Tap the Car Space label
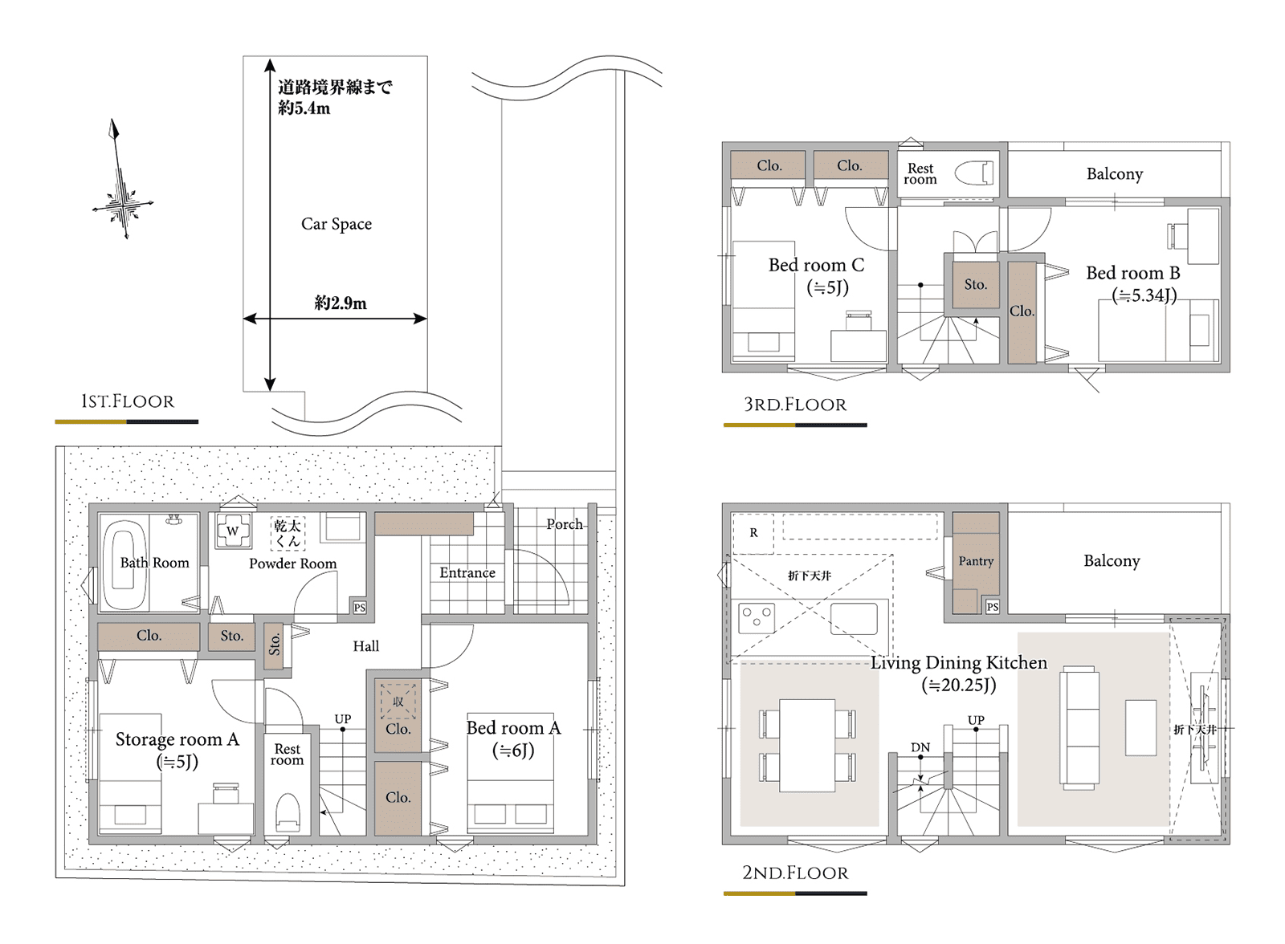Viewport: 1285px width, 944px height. tap(337, 224)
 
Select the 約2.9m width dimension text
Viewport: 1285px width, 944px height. tap(341, 303)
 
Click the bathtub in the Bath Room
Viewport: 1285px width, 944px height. tap(124, 563)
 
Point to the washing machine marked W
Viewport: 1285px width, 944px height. tap(233, 531)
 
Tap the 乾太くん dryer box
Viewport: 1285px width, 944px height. tap(288, 533)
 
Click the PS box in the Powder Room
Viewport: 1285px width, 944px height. tap(360, 608)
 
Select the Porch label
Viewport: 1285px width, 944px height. tap(565, 524)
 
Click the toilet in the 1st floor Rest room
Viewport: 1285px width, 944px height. tap(288, 812)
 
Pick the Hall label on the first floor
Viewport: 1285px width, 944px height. tap(366, 646)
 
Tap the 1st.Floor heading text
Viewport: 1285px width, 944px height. tap(128, 401)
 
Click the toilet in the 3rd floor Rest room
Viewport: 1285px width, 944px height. tap(974, 173)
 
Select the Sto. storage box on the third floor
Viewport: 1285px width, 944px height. tap(976, 285)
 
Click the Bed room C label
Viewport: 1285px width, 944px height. tap(816, 265)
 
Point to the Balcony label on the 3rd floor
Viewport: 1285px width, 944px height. tap(1115, 173)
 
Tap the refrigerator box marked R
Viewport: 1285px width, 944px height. tap(753, 533)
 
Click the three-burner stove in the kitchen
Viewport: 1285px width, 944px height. tap(757, 617)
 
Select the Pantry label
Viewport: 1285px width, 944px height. tap(976, 561)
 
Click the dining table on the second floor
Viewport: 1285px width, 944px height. tap(807, 746)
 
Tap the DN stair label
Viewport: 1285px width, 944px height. tap(920, 747)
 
